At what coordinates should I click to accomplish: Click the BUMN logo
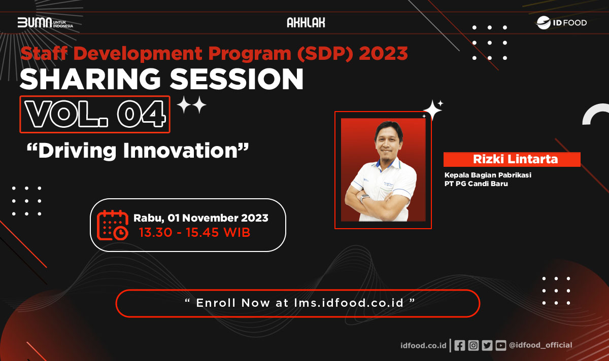click(x=45, y=23)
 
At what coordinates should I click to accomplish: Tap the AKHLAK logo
click(x=306, y=22)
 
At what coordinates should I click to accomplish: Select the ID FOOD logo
click(x=562, y=23)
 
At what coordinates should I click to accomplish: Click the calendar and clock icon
click(x=113, y=225)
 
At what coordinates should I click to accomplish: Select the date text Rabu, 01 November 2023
click(x=201, y=218)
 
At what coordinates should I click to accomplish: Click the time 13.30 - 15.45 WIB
click(x=195, y=233)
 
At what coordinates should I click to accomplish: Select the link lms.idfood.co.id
click(x=349, y=303)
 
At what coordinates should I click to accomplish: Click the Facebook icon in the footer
click(x=460, y=345)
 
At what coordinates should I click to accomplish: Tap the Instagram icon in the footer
click(x=473, y=345)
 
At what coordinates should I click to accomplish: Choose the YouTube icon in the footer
click(x=501, y=345)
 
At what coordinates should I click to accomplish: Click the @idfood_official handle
click(x=540, y=345)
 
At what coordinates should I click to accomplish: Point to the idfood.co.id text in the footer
click(x=423, y=345)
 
